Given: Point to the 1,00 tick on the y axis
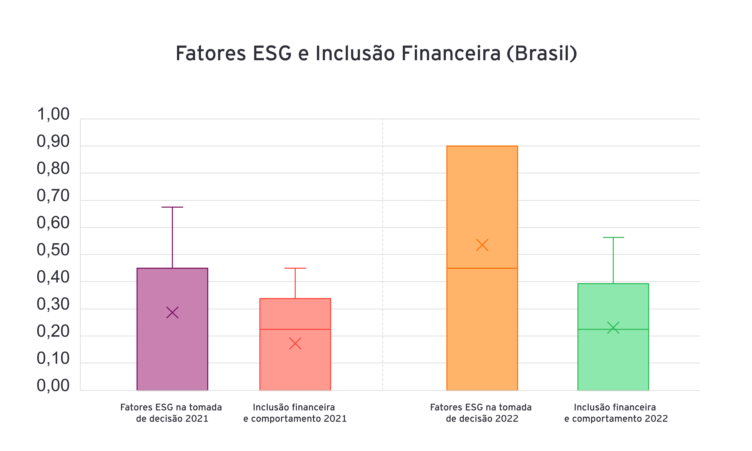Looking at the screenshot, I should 53,115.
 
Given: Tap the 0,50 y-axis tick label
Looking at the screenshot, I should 53,250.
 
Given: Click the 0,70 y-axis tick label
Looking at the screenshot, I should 53,196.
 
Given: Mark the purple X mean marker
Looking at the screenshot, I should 172,312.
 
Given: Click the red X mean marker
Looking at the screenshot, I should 295,343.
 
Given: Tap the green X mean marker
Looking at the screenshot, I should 613,328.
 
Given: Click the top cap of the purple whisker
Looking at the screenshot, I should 172,207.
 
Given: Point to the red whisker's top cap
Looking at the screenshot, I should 295,268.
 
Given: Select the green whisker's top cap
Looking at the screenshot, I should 613,237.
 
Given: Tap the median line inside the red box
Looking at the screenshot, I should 295,329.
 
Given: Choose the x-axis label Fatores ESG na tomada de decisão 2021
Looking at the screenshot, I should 171,413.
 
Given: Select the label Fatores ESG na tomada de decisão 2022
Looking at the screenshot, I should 481,413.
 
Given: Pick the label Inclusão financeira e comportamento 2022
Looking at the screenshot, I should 616,413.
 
